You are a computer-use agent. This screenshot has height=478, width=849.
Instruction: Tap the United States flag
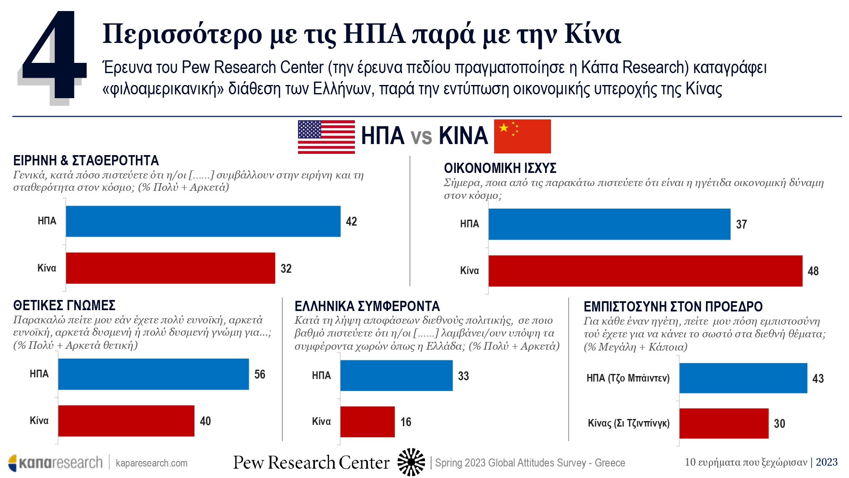[x=326, y=136]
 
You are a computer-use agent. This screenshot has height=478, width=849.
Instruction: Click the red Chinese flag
[x=522, y=136]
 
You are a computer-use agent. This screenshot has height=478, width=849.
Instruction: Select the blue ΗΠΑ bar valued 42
[x=203, y=221]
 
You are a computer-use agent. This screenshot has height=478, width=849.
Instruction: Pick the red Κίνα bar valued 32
[x=170, y=268]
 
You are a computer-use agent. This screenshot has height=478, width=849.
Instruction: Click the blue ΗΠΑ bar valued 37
[x=609, y=224]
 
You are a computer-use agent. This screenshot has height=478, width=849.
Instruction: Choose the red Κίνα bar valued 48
[x=645, y=271]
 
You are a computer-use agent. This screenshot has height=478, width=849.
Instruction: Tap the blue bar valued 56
[x=153, y=374]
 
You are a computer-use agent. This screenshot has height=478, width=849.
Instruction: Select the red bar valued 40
[x=126, y=421]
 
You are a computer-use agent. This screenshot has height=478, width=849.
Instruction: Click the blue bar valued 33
[x=396, y=376]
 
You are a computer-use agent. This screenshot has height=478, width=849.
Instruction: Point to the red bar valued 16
[x=367, y=421]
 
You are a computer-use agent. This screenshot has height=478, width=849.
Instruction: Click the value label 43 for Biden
[x=818, y=379]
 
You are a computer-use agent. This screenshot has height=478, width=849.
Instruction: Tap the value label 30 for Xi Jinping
[x=779, y=424]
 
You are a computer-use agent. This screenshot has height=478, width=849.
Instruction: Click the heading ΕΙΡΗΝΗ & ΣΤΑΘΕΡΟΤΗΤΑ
[x=86, y=161]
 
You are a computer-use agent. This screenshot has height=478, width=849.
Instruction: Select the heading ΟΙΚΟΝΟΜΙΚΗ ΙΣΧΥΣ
[x=500, y=168]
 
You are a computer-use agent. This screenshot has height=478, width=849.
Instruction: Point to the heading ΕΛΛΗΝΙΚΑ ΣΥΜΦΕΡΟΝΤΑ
[x=367, y=306]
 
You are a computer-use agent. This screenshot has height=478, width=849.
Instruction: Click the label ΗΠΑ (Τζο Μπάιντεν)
[x=628, y=378]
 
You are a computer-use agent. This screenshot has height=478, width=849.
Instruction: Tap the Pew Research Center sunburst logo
[x=411, y=462]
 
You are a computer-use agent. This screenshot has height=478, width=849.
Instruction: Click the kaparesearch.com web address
[x=152, y=463]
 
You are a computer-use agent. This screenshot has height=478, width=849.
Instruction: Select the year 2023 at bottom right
[x=827, y=462]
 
